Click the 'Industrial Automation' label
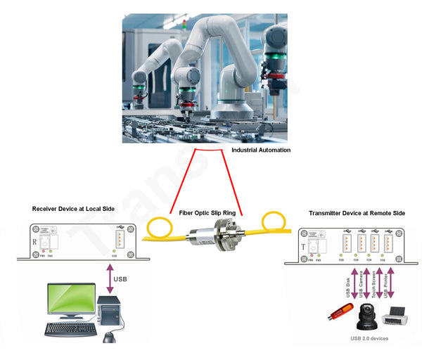pos(261,150)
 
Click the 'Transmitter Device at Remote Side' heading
pos(357,213)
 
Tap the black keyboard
pos(70,329)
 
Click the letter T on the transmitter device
pos(304,247)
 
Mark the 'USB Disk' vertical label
pos(347,286)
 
